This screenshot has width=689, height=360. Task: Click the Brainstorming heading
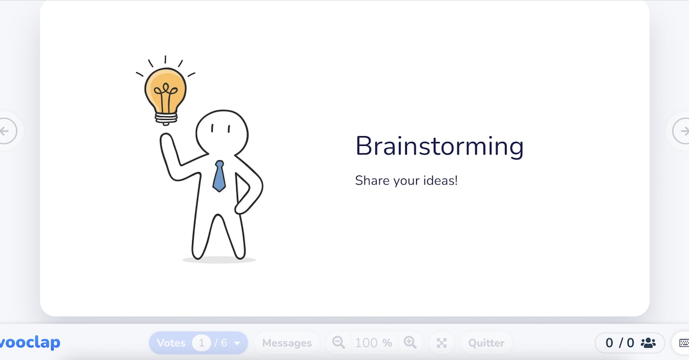pyautogui.click(x=439, y=146)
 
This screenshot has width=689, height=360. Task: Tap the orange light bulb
pyautogui.click(x=165, y=90)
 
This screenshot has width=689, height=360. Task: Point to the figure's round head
pyautogui.click(x=222, y=132)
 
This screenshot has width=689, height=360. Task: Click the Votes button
pyautogui.click(x=171, y=343)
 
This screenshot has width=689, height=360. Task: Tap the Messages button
pyautogui.click(x=287, y=343)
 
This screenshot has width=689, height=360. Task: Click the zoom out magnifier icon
pyautogui.click(x=339, y=342)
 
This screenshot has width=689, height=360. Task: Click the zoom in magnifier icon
pyautogui.click(x=410, y=342)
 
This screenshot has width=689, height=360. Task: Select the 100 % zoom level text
pyautogui.click(x=374, y=343)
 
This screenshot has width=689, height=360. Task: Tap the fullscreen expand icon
pyautogui.click(x=442, y=343)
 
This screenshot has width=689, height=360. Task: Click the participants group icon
pyautogui.click(x=648, y=343)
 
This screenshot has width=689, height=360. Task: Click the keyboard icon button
pyautogui.click(x=684, y=343)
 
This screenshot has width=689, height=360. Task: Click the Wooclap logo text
pyautogui.click(x=30, y=342)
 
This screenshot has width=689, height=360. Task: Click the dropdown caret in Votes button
pyautogui.click(x=237, y=343)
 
